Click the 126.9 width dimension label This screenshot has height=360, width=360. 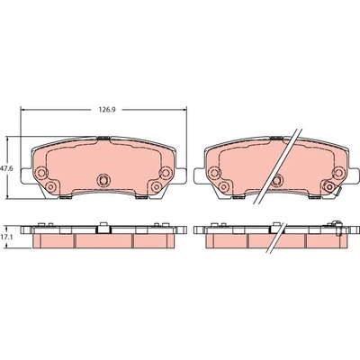coord(107,110)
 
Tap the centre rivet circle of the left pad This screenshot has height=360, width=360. coord(103,180)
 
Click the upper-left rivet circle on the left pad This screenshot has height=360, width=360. coord(40,173)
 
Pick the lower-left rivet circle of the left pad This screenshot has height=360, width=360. coord(51,187)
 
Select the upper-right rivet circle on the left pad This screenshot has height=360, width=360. coord(166,172)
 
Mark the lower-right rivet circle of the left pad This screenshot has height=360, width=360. coord(156,186)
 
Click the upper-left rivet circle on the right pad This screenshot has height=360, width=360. coord(214,173)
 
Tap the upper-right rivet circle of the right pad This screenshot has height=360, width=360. coord(338,173)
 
